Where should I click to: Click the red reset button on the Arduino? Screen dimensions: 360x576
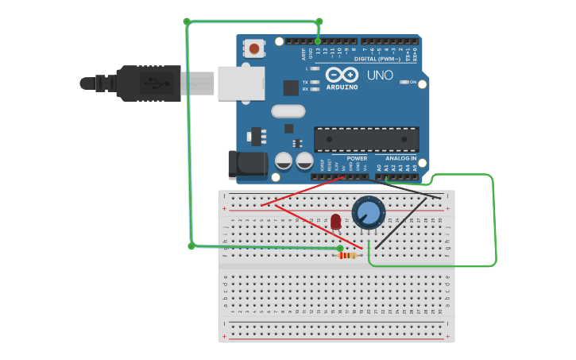click(254, 48)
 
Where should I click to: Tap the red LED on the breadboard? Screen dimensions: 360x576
click(335, 222)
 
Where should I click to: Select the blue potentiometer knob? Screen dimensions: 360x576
click(369, 213)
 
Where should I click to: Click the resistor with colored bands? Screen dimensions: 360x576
click(348, 255)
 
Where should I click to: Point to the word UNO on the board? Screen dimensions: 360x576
click(380, 75)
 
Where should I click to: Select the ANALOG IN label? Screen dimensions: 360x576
click(401, 158)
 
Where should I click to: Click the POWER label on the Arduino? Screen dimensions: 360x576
click(357, 158)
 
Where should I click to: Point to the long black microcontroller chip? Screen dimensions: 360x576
click(366, 139)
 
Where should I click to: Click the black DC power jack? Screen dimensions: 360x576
click(246, 164)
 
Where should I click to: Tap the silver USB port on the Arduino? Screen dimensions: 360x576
click(241, 83)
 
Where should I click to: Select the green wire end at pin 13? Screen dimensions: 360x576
click(318, 41)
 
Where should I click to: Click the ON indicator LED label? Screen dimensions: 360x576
click(412, 82)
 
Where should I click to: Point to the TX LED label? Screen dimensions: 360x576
click(305, 82)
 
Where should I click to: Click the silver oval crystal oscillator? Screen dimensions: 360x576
click(288, 111)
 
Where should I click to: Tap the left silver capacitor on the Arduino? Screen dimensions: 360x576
click(284, 161)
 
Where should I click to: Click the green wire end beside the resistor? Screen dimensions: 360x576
click(341, 248)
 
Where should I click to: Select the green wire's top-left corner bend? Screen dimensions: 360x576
click(187, 21)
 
